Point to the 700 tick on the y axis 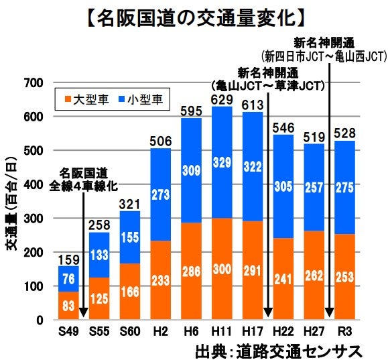click(x=33, y=82)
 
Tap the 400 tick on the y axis click(x=33, y=184)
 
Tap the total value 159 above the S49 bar click(x=68, y=259)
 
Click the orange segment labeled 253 click(x=344, y=277)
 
